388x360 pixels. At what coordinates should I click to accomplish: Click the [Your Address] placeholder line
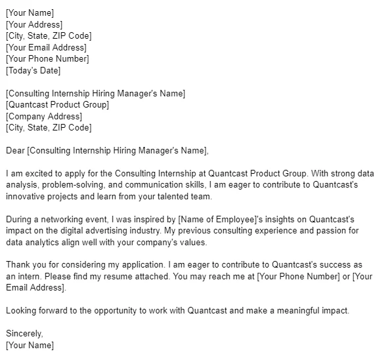34,24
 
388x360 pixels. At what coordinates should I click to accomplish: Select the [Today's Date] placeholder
33,70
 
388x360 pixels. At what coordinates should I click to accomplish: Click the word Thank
18,265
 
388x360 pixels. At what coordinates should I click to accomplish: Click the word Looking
22,311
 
